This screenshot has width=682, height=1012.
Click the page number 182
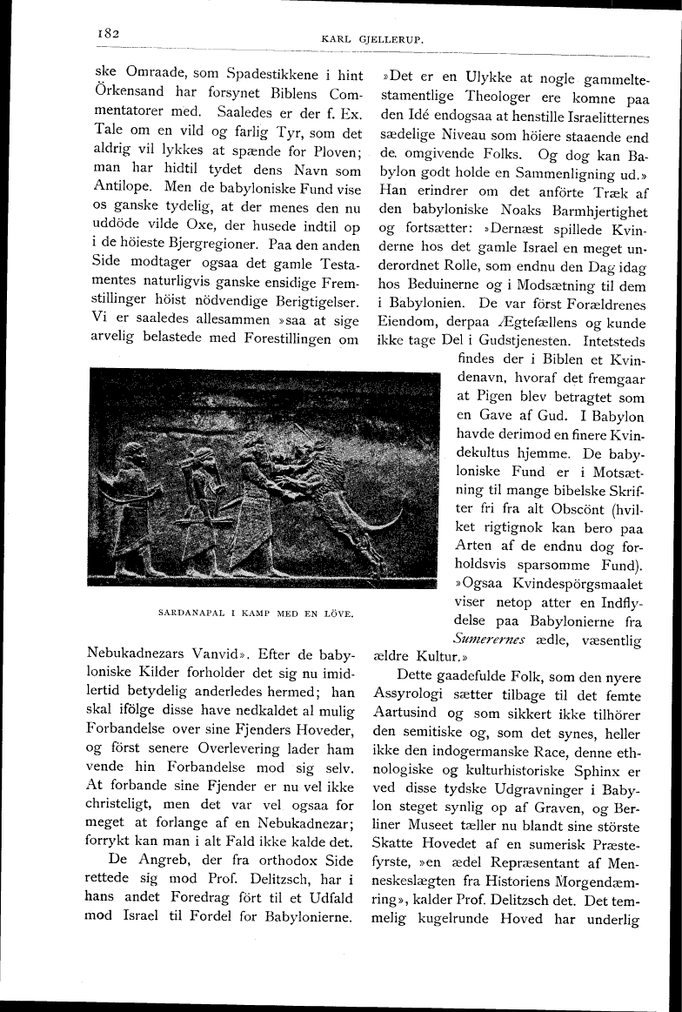click(108, 33)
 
